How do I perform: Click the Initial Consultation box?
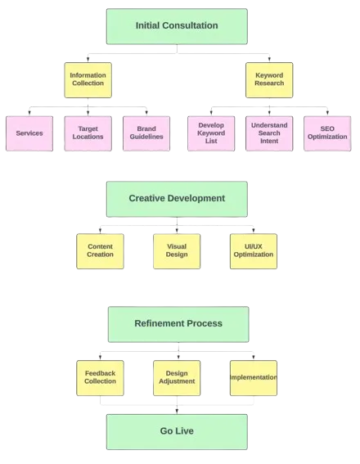177,26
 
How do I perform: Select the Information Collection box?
88,80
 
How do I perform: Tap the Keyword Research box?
269,80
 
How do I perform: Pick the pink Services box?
29,133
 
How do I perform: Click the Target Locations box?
88,133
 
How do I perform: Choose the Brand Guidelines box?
146,133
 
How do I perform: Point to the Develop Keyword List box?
211,133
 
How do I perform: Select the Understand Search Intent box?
269,133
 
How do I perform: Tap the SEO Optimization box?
327,133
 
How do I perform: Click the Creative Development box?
177,199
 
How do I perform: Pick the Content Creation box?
100,251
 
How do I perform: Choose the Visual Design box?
177,251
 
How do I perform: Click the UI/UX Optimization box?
254,251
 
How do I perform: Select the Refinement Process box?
178,324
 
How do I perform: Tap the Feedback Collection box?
100,378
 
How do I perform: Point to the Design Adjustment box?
177,378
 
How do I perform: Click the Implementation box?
254,378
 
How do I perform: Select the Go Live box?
177,432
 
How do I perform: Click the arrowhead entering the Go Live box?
177,412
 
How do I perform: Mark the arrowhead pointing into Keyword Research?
269,59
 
